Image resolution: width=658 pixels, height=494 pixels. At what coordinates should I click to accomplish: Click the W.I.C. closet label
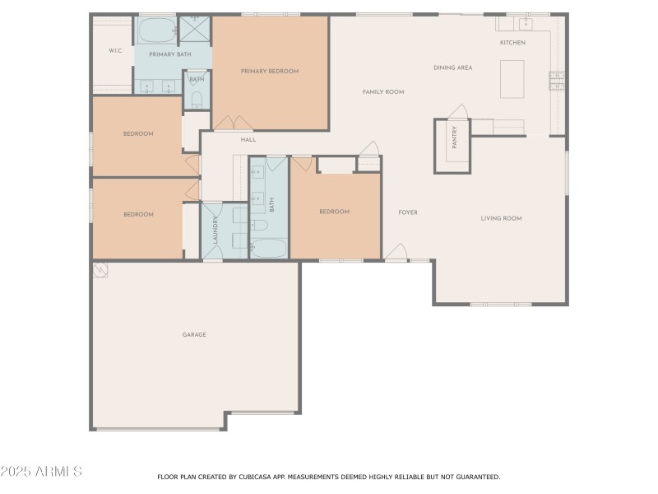(115, 51)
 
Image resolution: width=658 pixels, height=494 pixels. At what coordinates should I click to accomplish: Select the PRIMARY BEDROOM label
(270, 72)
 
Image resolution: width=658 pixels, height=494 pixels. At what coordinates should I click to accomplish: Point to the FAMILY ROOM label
(383, 92)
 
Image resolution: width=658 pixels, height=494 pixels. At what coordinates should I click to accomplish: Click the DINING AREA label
(453, 68)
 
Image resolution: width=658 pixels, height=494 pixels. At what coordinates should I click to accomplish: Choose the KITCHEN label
(512, 43)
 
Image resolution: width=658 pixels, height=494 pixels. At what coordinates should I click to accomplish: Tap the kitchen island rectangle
(512, 79)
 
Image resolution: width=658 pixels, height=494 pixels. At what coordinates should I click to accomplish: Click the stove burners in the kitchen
(557, 81)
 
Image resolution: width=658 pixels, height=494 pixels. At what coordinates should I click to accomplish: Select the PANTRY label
(453, 137)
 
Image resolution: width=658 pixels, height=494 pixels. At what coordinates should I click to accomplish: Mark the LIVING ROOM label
(502, 218)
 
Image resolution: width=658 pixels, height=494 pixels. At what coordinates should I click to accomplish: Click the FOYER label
(408, 212)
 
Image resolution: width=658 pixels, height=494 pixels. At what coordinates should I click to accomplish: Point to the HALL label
(248, 140)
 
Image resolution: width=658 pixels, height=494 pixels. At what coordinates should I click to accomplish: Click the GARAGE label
(194, 334)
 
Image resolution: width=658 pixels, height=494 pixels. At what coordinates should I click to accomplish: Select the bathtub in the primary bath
(157, 31)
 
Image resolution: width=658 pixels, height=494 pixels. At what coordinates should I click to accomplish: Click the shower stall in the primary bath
(196, 30)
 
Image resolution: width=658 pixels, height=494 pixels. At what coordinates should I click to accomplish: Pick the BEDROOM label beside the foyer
(335, 212)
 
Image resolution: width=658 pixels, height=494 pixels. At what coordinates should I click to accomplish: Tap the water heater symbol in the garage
(100, 269)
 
